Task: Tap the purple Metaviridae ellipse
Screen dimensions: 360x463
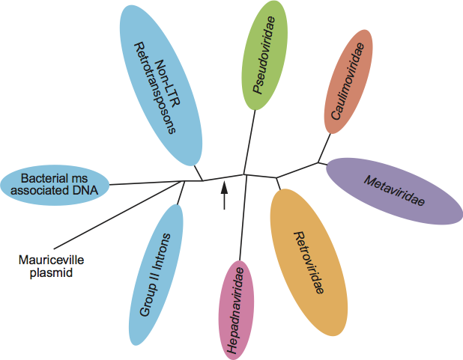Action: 395,191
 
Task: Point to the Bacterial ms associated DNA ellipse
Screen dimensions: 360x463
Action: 55,184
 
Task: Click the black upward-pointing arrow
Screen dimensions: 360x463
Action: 223,195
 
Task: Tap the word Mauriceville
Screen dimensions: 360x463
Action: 50,260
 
